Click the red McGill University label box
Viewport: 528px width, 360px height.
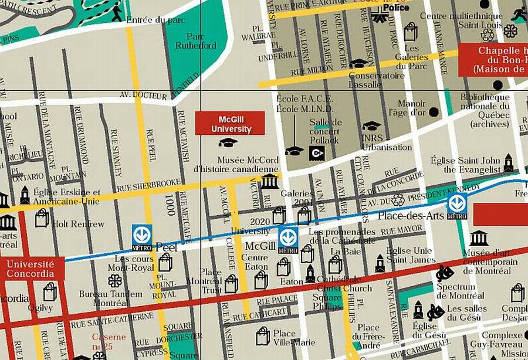coord(229,124)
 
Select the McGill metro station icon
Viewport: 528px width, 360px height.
coord(287,238)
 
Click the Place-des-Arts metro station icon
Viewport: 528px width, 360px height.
coord(456,204)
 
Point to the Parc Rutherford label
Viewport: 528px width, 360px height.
coord(196,40)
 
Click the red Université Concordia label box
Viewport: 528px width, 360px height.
coord(31,269)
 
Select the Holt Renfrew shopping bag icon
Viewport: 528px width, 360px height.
coord(42,218)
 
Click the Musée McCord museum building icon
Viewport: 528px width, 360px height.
coord(269,181)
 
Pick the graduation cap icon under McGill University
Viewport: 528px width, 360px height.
coord(228,142)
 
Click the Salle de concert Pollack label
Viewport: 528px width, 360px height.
coord(324,131)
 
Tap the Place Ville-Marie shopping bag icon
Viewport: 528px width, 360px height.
coord(263,336)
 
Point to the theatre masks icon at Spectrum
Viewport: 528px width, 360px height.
coord(444,273)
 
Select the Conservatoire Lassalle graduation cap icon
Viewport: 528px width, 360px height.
coord(358,63)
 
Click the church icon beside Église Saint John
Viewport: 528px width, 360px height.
coord(508,163)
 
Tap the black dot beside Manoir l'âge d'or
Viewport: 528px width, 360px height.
coord(434,111)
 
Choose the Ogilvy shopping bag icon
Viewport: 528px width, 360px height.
coord(50,291)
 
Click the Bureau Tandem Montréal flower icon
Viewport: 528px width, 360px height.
coord(115,281)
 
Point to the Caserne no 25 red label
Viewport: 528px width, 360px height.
coord(109,341)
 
